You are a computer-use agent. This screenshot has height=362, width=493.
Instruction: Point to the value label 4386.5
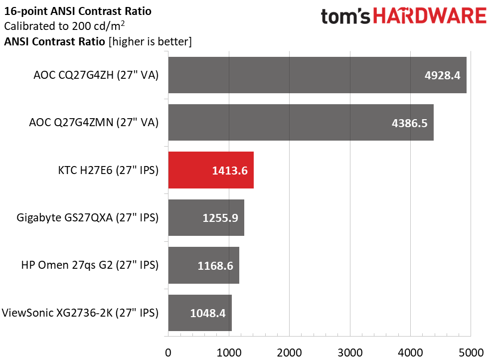(x=410, y=123)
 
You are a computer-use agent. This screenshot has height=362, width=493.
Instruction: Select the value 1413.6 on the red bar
(x=230, y=171)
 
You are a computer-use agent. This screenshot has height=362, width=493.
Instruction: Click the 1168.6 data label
(x=215, y=266)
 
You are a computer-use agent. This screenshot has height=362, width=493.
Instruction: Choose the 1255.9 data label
(x=220, y=218)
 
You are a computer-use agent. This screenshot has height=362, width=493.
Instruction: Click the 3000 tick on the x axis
(x=350, y=352)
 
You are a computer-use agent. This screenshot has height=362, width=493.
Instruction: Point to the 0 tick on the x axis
(x=168, y=352)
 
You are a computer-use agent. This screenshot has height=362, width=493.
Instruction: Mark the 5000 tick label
(x=471, y=352)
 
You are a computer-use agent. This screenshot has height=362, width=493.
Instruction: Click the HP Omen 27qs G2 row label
(x=90, y=266)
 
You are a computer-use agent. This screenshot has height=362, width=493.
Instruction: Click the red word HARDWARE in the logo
(x=430, y=17)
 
